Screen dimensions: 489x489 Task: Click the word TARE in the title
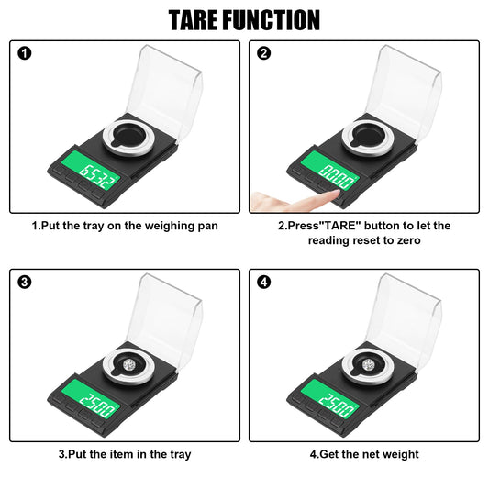(193, 20)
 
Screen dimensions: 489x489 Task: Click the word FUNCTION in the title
(271, 20)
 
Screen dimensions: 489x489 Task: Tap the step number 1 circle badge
(25, 53)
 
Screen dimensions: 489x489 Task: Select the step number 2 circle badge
(264, 53)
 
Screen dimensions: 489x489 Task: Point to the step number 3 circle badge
(25, 283)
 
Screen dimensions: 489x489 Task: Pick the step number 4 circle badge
(264, 283)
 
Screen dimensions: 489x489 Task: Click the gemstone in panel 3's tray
(128, 364)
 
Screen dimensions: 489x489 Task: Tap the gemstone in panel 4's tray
(368, 364)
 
